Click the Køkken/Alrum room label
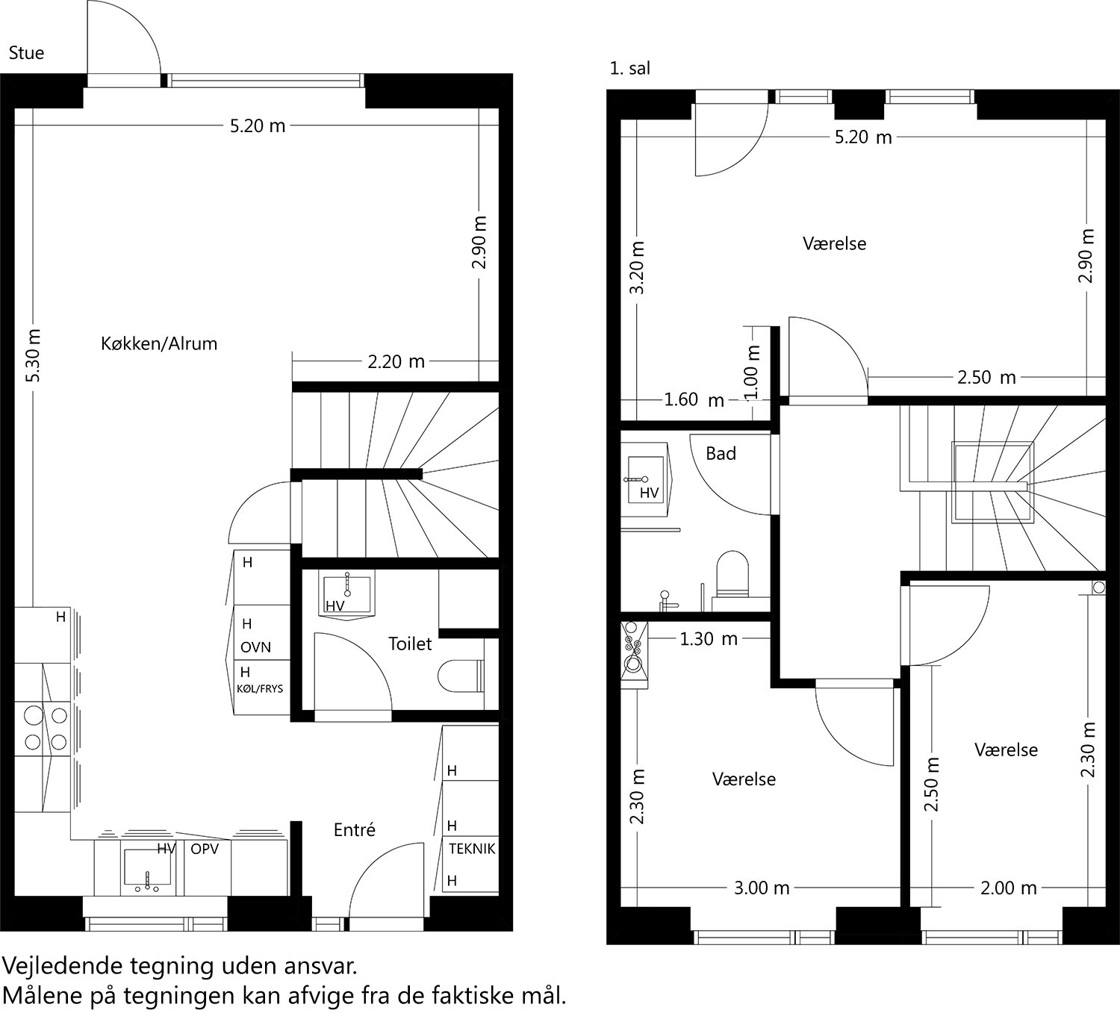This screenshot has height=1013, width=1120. point(158,343)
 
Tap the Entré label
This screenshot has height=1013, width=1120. point(354,829)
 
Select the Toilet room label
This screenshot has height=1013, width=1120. point(410,643)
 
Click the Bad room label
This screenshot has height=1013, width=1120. point(721,453)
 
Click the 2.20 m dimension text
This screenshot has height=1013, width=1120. point(396,362)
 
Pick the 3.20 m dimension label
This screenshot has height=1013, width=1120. point(637,267)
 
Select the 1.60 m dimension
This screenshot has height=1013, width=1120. point(694,400)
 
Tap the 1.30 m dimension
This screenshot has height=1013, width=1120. point(708,639)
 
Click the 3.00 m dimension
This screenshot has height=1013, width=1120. point(761,888)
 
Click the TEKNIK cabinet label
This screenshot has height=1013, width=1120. point(472,849)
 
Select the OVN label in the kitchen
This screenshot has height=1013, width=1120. point(255,647)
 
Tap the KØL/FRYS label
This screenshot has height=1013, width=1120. point(260,688)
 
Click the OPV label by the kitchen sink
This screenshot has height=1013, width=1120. point(205,849)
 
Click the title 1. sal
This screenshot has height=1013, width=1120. point(629,69)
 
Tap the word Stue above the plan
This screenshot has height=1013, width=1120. point(26,53)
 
